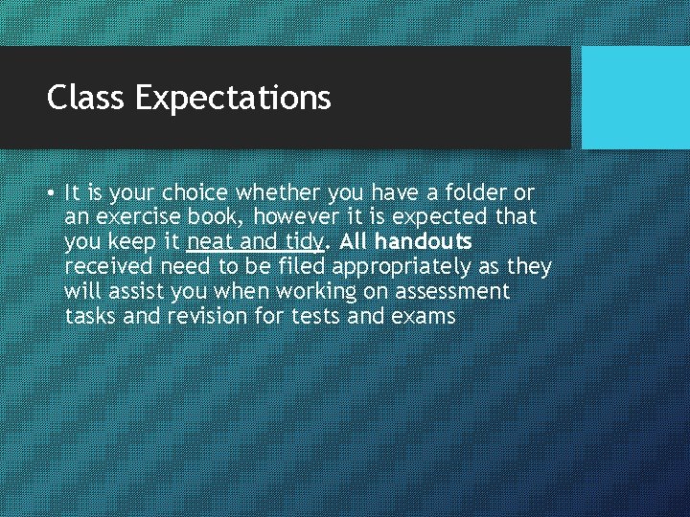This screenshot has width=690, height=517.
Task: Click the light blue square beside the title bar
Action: pyautogui.click(x=635, y=98)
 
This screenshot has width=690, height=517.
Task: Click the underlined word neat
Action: pyautogui.click(x=211, y=241)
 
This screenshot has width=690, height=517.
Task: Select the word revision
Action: pyautogui.click(x=207, y=316)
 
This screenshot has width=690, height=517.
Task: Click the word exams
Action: pyautogui.click(x=424, y=316)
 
